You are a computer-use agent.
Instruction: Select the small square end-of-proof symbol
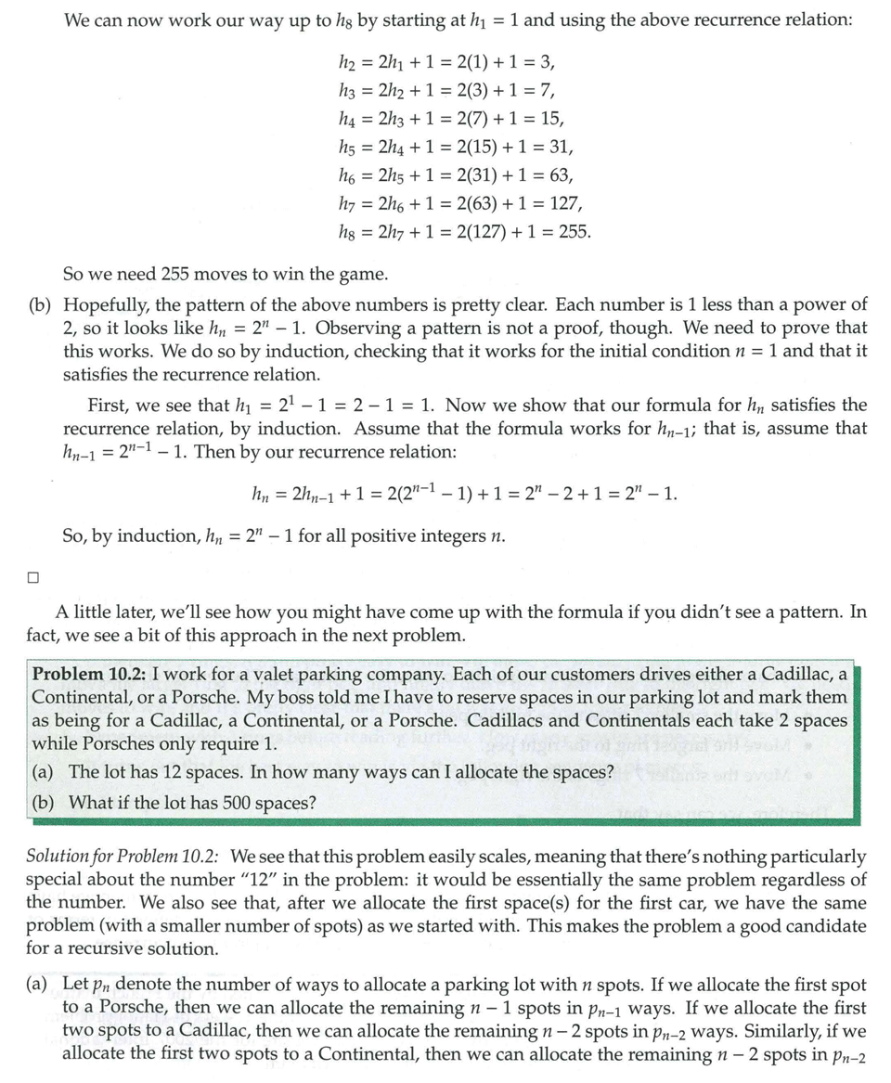(32, 576)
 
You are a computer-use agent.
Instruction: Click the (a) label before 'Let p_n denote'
(45, 984)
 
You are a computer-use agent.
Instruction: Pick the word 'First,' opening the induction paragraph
(110, 406)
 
